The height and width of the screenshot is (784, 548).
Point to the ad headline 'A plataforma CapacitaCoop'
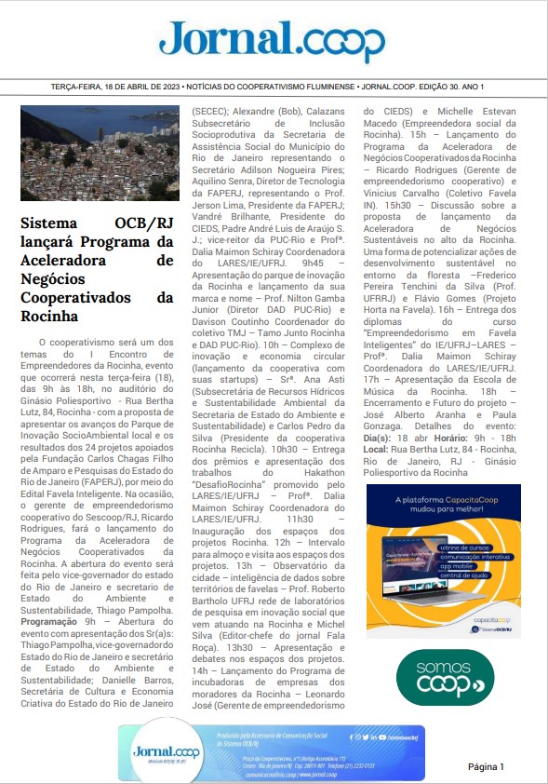tap(443, 500)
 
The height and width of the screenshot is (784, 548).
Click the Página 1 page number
tap(485, 766)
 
